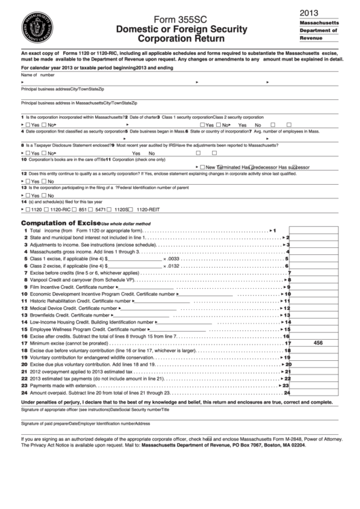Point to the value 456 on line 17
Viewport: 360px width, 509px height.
coord(318,343)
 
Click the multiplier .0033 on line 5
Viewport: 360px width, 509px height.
coord(173,259)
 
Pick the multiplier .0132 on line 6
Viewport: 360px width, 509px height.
coord(173,266)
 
